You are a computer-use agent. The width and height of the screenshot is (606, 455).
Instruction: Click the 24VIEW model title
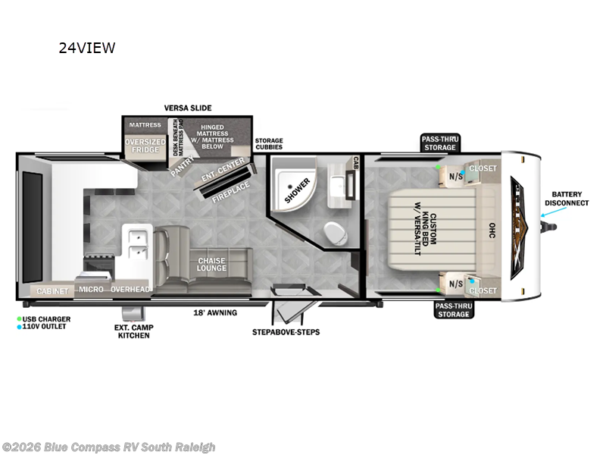click(x=87, y=49)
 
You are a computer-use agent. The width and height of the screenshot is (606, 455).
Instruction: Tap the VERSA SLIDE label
click(x=188, y=108)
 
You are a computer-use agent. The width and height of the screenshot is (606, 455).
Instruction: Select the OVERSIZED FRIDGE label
click(x=145, y=145)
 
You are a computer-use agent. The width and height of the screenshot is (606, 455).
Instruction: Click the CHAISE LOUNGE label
click(x=212, y=264)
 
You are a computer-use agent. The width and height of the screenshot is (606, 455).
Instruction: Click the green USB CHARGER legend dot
click(x=20, y=318)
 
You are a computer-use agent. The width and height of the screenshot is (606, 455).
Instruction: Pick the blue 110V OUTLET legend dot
click(x=20, y=326)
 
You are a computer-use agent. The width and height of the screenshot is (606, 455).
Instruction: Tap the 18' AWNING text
click(x=216, y=312)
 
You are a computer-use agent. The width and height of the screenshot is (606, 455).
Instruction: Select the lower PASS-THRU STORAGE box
click(x=453, y=309)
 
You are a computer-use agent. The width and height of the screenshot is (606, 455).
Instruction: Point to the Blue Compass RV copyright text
click(x=109, y=447)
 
